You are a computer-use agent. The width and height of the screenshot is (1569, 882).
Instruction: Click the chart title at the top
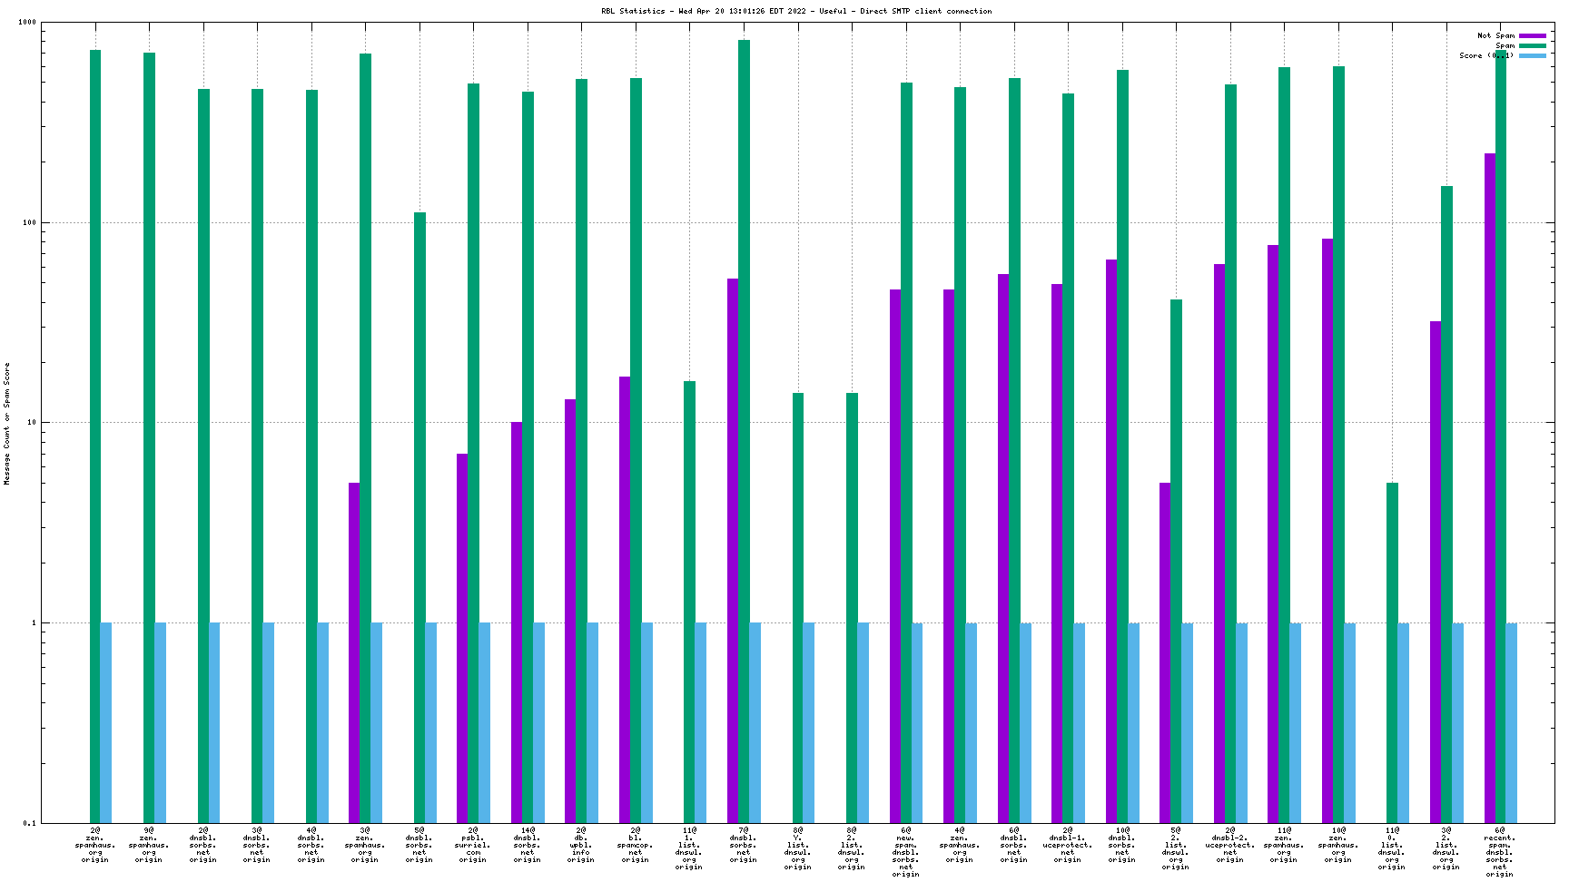(795, 12)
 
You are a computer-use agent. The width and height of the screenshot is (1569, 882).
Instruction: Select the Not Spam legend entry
(1495, 35)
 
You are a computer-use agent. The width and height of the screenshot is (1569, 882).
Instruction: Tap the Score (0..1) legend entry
(1486, 56)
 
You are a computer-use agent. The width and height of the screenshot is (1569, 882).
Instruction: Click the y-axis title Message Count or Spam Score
(7, 423)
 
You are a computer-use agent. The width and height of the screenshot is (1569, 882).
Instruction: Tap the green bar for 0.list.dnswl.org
(1392, 652)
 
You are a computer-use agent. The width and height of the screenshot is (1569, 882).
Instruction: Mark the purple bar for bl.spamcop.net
(625, 599)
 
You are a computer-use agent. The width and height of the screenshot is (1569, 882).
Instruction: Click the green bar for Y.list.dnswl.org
(798, 608)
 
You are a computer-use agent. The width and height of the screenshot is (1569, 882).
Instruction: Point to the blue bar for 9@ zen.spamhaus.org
(161, 722)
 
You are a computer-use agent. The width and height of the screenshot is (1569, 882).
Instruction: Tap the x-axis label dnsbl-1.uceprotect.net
(1067, 845)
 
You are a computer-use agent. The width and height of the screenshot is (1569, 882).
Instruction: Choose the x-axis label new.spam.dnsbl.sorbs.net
(905, 852)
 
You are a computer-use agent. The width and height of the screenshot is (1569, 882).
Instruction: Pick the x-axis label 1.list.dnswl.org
(689, 848)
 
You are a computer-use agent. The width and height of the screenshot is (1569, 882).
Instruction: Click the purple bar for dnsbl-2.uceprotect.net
(1219, 544)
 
